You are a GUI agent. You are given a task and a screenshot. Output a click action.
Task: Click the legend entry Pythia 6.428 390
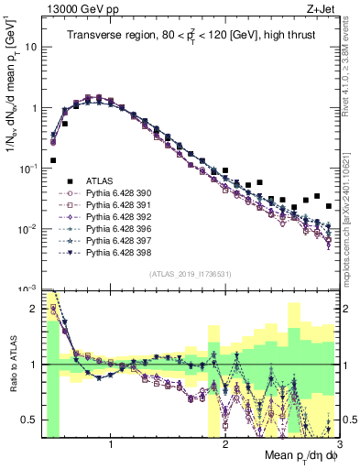point(115,193)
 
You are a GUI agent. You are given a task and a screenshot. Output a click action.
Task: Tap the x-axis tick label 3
point(338,444)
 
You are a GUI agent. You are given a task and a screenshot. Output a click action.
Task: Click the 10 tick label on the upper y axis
point(30,46)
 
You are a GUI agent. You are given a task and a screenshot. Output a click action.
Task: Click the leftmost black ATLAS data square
point(54,160)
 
